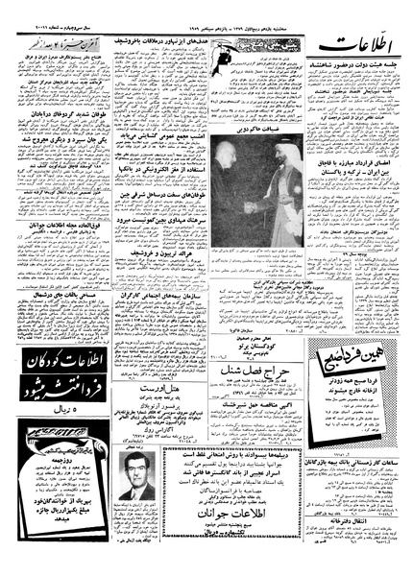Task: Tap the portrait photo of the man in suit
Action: pos(138,477)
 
